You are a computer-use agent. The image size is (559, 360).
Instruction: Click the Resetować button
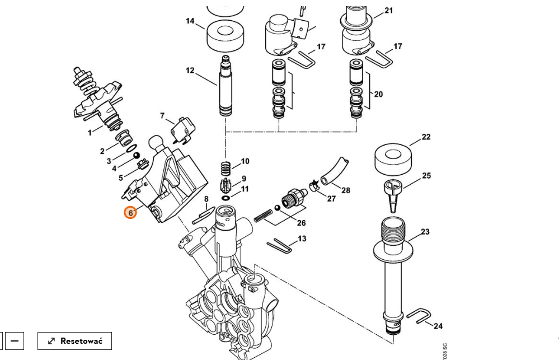(x=74, y=341)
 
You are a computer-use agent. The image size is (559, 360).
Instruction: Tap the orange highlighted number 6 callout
(x=130, y=213)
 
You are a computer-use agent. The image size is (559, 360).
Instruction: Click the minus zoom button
(x=15, y=341)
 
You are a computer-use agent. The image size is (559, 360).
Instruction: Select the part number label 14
(x=190, y=21)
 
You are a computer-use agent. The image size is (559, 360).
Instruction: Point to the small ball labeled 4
(x=136, y=156)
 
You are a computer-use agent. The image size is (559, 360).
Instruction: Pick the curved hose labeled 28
(x=334, y=171)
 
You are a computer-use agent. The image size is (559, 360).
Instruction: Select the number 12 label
(x=190, y=71)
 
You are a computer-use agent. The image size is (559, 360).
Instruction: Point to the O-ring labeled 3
(x=131, y=148)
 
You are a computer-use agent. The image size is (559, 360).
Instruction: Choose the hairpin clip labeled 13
(x=280, y=246)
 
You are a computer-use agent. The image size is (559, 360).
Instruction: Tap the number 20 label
(x=378, y=94)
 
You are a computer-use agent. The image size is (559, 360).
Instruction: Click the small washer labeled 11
(x=226, y=197)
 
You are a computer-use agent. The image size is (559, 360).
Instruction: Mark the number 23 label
(x=425, y=232)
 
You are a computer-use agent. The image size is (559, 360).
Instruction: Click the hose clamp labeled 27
(x=314, y=185)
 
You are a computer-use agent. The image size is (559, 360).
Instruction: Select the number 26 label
(x=301, y=223)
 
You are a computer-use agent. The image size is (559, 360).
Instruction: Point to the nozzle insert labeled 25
(x=393, y=196)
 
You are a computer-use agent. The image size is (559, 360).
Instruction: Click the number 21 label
(x=388, y=11)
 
